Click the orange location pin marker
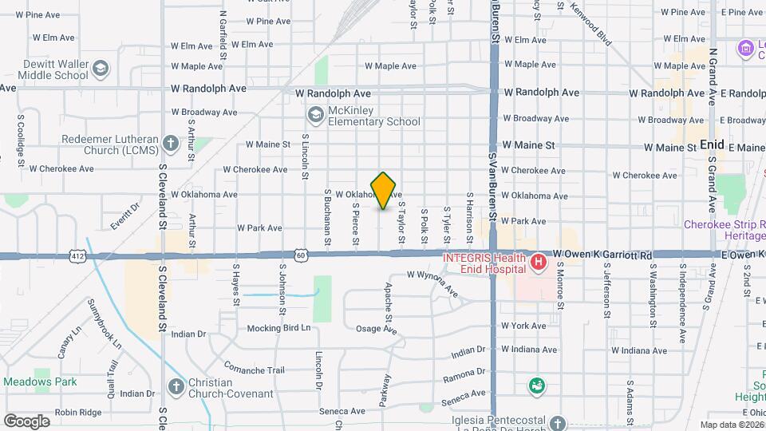(x=384, y=189)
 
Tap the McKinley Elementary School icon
(x=316, y=117)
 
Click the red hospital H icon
(x=539, y=262)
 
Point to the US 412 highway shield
(x=77, y=255)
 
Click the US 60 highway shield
(x=300, y=255)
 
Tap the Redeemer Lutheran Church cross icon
(x=170, y=144)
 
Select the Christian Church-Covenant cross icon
(x=176, y=388)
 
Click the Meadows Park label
(x=39, y=382)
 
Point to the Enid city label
(x=711, y=145)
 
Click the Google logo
(x=26, y=421)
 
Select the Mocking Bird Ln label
(x=278, y=328)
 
